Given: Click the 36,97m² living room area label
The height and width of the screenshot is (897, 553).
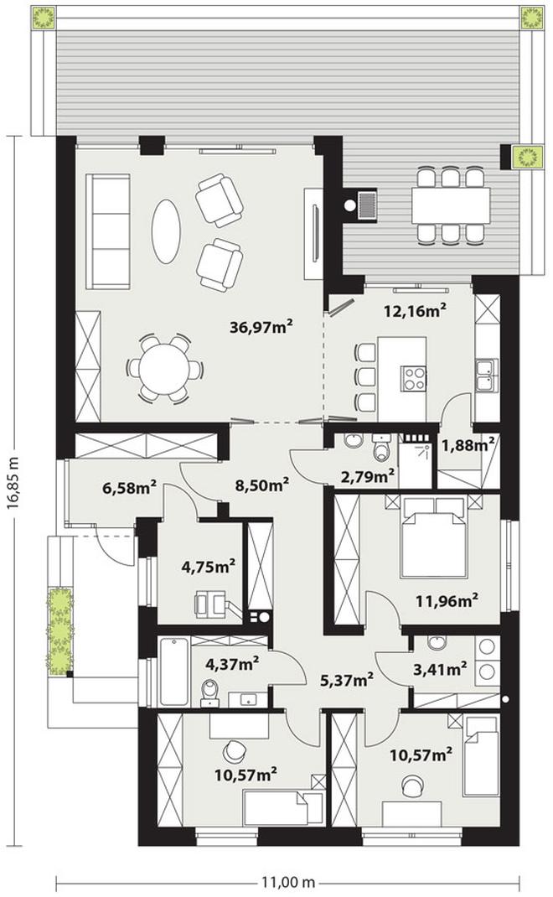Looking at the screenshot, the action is pos(261,327).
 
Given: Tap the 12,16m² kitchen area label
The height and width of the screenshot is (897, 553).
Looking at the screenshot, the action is pos(415,311).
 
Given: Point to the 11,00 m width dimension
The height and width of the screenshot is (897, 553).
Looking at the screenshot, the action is pos(289,882).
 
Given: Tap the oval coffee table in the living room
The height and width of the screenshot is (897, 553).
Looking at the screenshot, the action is pos(167,231).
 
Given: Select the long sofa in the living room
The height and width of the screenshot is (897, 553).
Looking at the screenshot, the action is pos(108,231).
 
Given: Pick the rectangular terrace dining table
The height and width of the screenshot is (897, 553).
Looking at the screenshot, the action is pos(451,205).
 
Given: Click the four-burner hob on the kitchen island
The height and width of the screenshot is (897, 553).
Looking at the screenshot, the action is pos(414,378).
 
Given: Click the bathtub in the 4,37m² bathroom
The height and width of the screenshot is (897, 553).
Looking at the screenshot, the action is pos(173,671).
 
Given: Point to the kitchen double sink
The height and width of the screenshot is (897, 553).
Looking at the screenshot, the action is pos(486,375).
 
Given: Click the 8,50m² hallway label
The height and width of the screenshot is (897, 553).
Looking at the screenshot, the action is pos(262,485).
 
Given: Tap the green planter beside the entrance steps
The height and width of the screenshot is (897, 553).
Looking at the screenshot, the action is pos(60,630).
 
